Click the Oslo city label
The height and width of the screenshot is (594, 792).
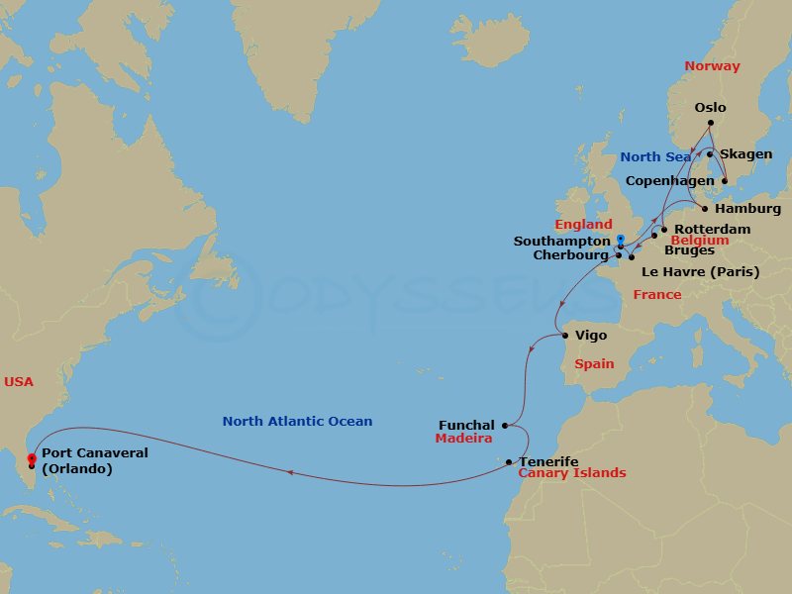[x=710, y=108]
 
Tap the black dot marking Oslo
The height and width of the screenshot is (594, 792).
[x=710, y=124]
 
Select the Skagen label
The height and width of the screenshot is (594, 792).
[x=745, y=154]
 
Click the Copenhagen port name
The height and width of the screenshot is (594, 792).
[x=669, y=181]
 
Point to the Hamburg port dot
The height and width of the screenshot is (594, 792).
[x=704, y=209]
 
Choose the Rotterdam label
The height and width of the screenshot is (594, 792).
[x=711, y=229]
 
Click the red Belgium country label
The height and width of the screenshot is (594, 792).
[x=699, y=241]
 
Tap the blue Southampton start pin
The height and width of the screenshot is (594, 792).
[x=621, y=241]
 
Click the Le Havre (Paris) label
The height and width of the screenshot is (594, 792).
[x=700, y=272]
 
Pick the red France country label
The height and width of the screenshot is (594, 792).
[x=657, y=295]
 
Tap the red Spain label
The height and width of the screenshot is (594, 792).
[x=594, y=364]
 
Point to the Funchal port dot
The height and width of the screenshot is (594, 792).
[x=505, y=426]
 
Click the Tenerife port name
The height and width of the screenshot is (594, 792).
[x=548, y=462]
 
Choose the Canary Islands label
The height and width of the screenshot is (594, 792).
[x=572, y=473]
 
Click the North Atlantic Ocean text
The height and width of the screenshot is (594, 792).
[x=297, y=422]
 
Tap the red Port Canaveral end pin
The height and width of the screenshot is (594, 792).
[x=32, y=459]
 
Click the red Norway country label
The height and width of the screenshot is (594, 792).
[x=712, y=66]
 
